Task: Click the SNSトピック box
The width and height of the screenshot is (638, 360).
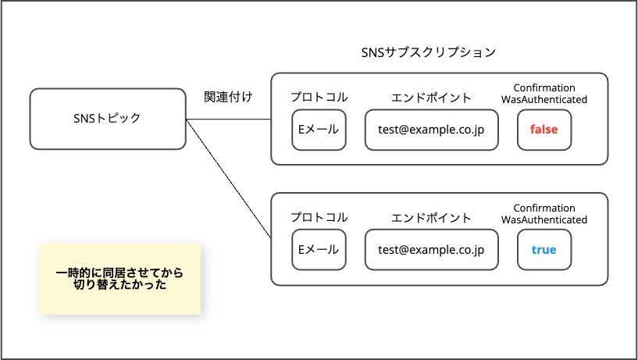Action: coord(108,119)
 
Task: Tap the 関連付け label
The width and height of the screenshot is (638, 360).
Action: coord(227,98)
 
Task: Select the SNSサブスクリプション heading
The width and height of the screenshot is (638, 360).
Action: coord(428,52)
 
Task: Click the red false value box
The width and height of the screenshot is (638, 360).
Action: coord(544,130)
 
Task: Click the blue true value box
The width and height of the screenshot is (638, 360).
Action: coord(544,250)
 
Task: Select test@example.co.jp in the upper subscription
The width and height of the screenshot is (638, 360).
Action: coord(431,130)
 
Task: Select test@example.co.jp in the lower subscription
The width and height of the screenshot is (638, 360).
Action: coord(431,250)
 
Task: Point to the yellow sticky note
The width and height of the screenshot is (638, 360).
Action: coord(119,279)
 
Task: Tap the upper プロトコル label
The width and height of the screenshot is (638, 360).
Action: coord(319,98)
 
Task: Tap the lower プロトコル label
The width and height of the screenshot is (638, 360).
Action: coord(319,218)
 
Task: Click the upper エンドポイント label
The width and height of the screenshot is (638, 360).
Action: coord(431,98)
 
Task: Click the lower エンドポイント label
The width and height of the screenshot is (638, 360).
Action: coord(431,218)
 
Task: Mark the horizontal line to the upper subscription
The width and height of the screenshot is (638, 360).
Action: coord(228,119)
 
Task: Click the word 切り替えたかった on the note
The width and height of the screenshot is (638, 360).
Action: coord(119,287)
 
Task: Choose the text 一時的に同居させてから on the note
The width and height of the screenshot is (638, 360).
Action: coord(119,273)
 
